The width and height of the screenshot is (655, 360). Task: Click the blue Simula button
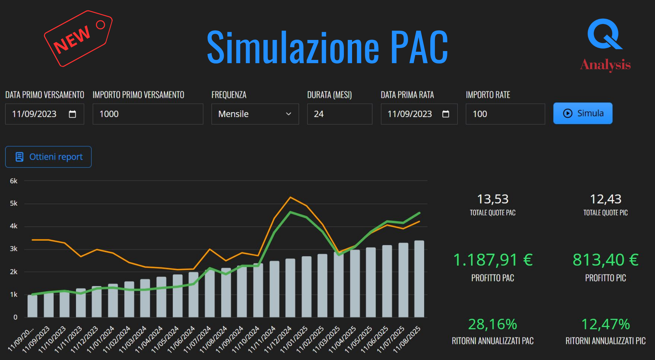coord(583,114)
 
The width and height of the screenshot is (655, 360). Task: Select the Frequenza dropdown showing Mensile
coord(255,114)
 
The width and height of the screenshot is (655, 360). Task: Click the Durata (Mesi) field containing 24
coord(339,114)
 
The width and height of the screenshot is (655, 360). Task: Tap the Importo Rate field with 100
coord(505,114)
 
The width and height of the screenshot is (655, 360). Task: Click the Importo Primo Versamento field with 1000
coord(148,114)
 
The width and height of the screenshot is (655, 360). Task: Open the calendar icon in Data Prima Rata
coord(445,114)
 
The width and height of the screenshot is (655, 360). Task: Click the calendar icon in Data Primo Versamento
coord(72,114)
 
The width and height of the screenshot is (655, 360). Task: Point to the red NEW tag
coord(78,39)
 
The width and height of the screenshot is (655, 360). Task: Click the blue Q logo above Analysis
coord(604,34)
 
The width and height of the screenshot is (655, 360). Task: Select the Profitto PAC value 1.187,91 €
coord(493,260)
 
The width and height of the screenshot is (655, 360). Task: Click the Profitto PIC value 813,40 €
coord(605,260)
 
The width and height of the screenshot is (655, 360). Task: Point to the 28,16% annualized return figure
coord(493,324)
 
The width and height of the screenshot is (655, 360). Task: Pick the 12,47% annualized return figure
coord(605,324)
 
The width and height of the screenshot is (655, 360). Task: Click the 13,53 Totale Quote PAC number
coord(493,199)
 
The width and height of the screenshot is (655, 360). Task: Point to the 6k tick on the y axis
coord(13,181)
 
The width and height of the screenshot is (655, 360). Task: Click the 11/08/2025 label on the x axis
coord(407,339)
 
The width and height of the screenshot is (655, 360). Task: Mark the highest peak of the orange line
coord(290,197)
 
